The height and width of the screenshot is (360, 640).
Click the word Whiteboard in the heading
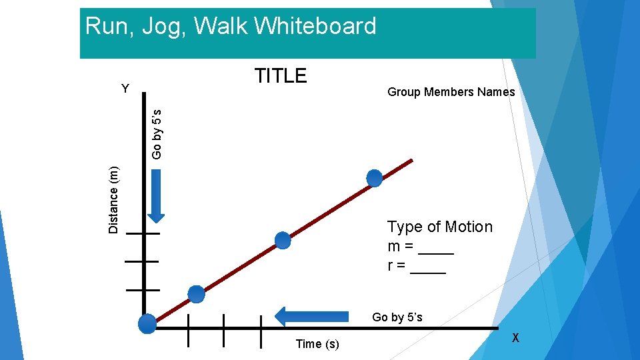point(315,27)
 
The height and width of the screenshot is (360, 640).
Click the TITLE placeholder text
point(281,76)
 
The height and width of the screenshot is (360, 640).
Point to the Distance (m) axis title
point(114,200)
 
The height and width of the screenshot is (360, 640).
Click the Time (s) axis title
point(317,344)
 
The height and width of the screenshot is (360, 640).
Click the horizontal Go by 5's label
point(397,317)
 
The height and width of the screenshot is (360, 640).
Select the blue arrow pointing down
point(156,195)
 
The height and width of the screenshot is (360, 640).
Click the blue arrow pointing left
point(312,316)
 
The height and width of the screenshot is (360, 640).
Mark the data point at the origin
point(147,324)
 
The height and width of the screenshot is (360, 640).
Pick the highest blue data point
point(375,178)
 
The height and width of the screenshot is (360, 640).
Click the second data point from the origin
point(196,293)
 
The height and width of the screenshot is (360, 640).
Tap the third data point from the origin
point(283,240)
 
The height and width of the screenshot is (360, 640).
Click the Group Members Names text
point(451,92)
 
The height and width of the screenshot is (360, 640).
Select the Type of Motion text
point(440,227)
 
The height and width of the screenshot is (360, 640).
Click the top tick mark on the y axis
point(143,234)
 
